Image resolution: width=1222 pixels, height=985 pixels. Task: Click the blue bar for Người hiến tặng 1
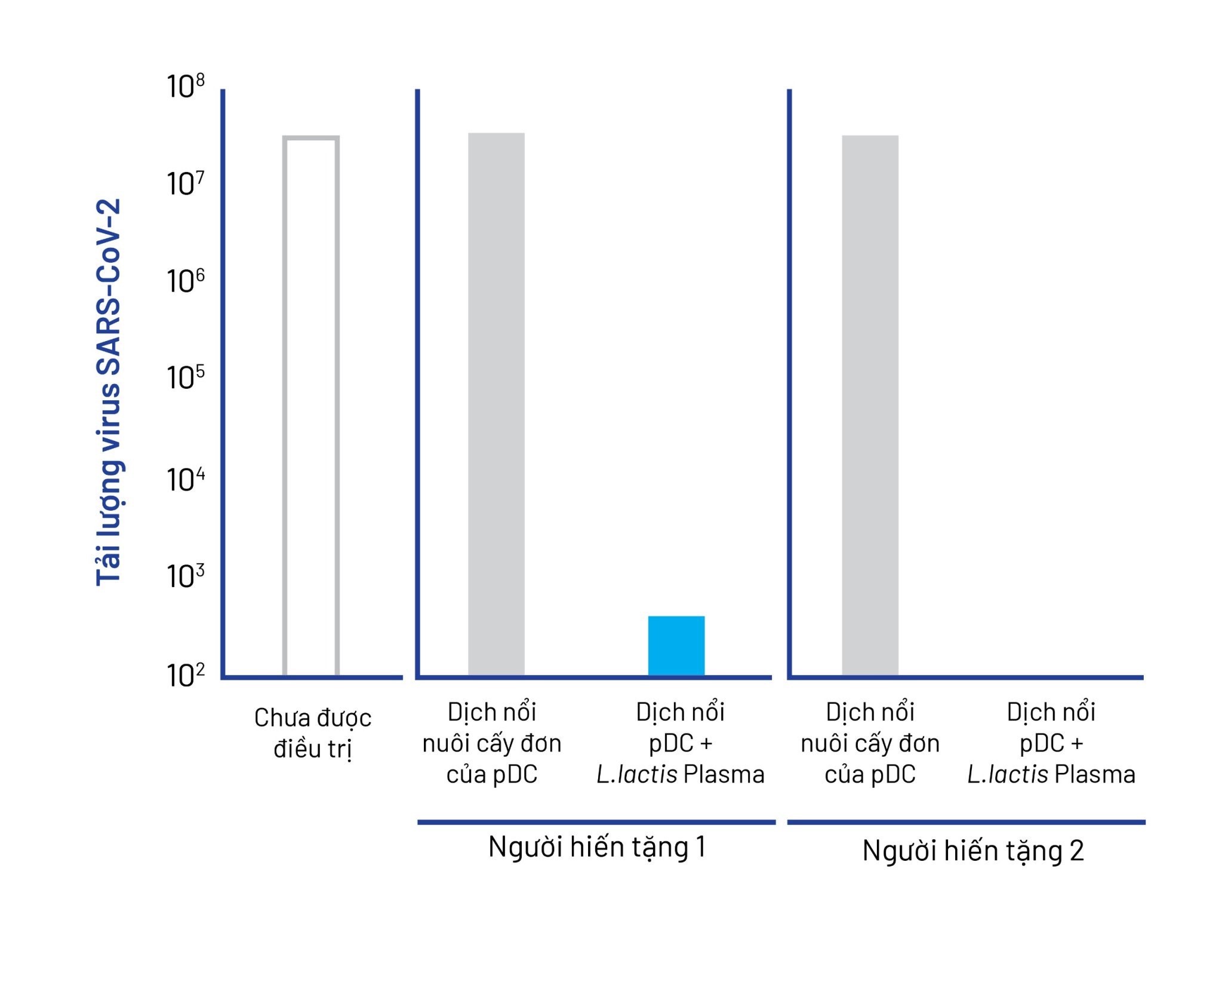[x=676, y=646]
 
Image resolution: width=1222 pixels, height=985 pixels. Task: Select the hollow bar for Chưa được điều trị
[x=311, y=406]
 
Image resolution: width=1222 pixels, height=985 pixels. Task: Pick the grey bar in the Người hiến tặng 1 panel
[x=496, y=404]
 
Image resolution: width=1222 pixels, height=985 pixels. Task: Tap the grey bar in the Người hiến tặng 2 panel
[x=870, y=406]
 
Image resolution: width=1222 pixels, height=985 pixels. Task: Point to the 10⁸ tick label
[x=186, y=87]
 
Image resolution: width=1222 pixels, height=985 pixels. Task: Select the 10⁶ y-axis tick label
[x=186, y=281]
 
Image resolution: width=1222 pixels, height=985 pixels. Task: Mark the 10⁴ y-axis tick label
[x=186, y=480]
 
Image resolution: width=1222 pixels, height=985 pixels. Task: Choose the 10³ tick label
[x=186, y=576]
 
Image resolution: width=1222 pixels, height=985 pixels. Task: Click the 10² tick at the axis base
[x=186, y=676]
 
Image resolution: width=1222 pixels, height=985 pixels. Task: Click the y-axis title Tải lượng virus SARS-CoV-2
[x=109, y=392]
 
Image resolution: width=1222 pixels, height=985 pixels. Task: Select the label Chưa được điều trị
[x=313, y=733]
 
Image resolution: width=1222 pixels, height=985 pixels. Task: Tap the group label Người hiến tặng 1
[x=597, y=847]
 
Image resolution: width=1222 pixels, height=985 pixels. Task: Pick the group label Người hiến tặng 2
[x=973, y=851]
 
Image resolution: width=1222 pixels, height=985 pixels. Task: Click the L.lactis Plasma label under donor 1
[x=681, y=775]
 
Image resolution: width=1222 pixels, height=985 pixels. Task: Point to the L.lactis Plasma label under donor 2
[x=1051, y=775]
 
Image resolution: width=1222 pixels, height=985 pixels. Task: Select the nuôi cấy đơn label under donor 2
[x=870, y=744]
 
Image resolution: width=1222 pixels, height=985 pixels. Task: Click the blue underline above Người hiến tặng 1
[x=596, y=822]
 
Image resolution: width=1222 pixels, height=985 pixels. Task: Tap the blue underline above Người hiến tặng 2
[x=966, y=822]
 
